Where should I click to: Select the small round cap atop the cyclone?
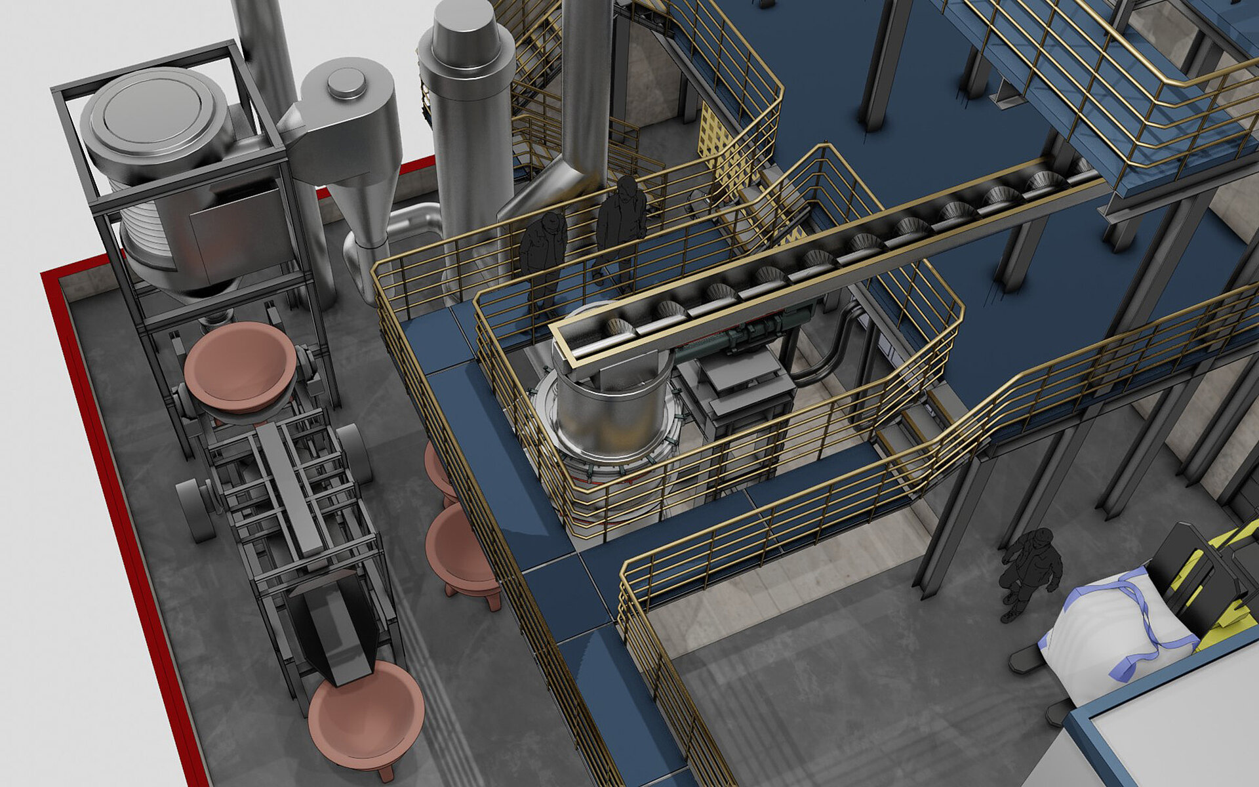point(346,83)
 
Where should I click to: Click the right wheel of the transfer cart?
point(355,453)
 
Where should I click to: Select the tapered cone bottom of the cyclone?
point(367,210)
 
